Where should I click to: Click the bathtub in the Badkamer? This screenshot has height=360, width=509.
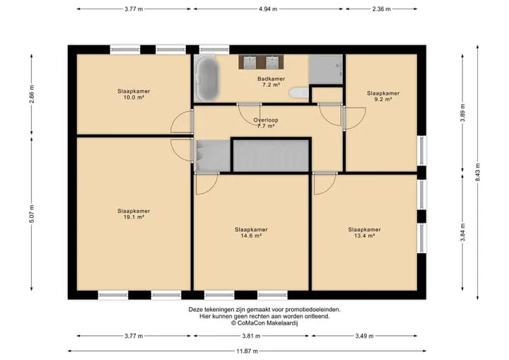click(207, 79)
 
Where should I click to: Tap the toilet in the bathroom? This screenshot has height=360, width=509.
click(298, 93)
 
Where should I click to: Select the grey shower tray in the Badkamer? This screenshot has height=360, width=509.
click(326, 69)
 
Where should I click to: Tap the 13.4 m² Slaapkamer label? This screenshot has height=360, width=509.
click(364, 232)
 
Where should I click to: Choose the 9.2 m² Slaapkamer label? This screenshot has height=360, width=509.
click(383, 96)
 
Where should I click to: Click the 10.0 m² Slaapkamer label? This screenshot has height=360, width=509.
click(134, 94)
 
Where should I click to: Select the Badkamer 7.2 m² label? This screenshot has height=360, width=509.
click(271, 81)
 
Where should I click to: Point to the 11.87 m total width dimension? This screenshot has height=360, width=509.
click(247, 351)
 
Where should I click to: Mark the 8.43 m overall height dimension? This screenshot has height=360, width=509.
click(477, 172)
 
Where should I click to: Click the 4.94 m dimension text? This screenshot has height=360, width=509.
click(268, 9)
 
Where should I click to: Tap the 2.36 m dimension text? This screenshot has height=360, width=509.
click(382, 9)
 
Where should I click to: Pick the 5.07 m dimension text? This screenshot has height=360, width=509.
click(32, 214)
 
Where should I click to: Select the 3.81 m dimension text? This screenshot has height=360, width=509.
click(251, 336)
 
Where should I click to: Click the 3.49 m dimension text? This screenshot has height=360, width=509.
click(364, 336)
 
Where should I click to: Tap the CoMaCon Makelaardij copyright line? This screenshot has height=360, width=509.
click(264, 323)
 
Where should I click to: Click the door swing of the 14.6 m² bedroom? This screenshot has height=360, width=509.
click(206, 184)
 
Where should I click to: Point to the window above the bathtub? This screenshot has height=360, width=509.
click(214, 50)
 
